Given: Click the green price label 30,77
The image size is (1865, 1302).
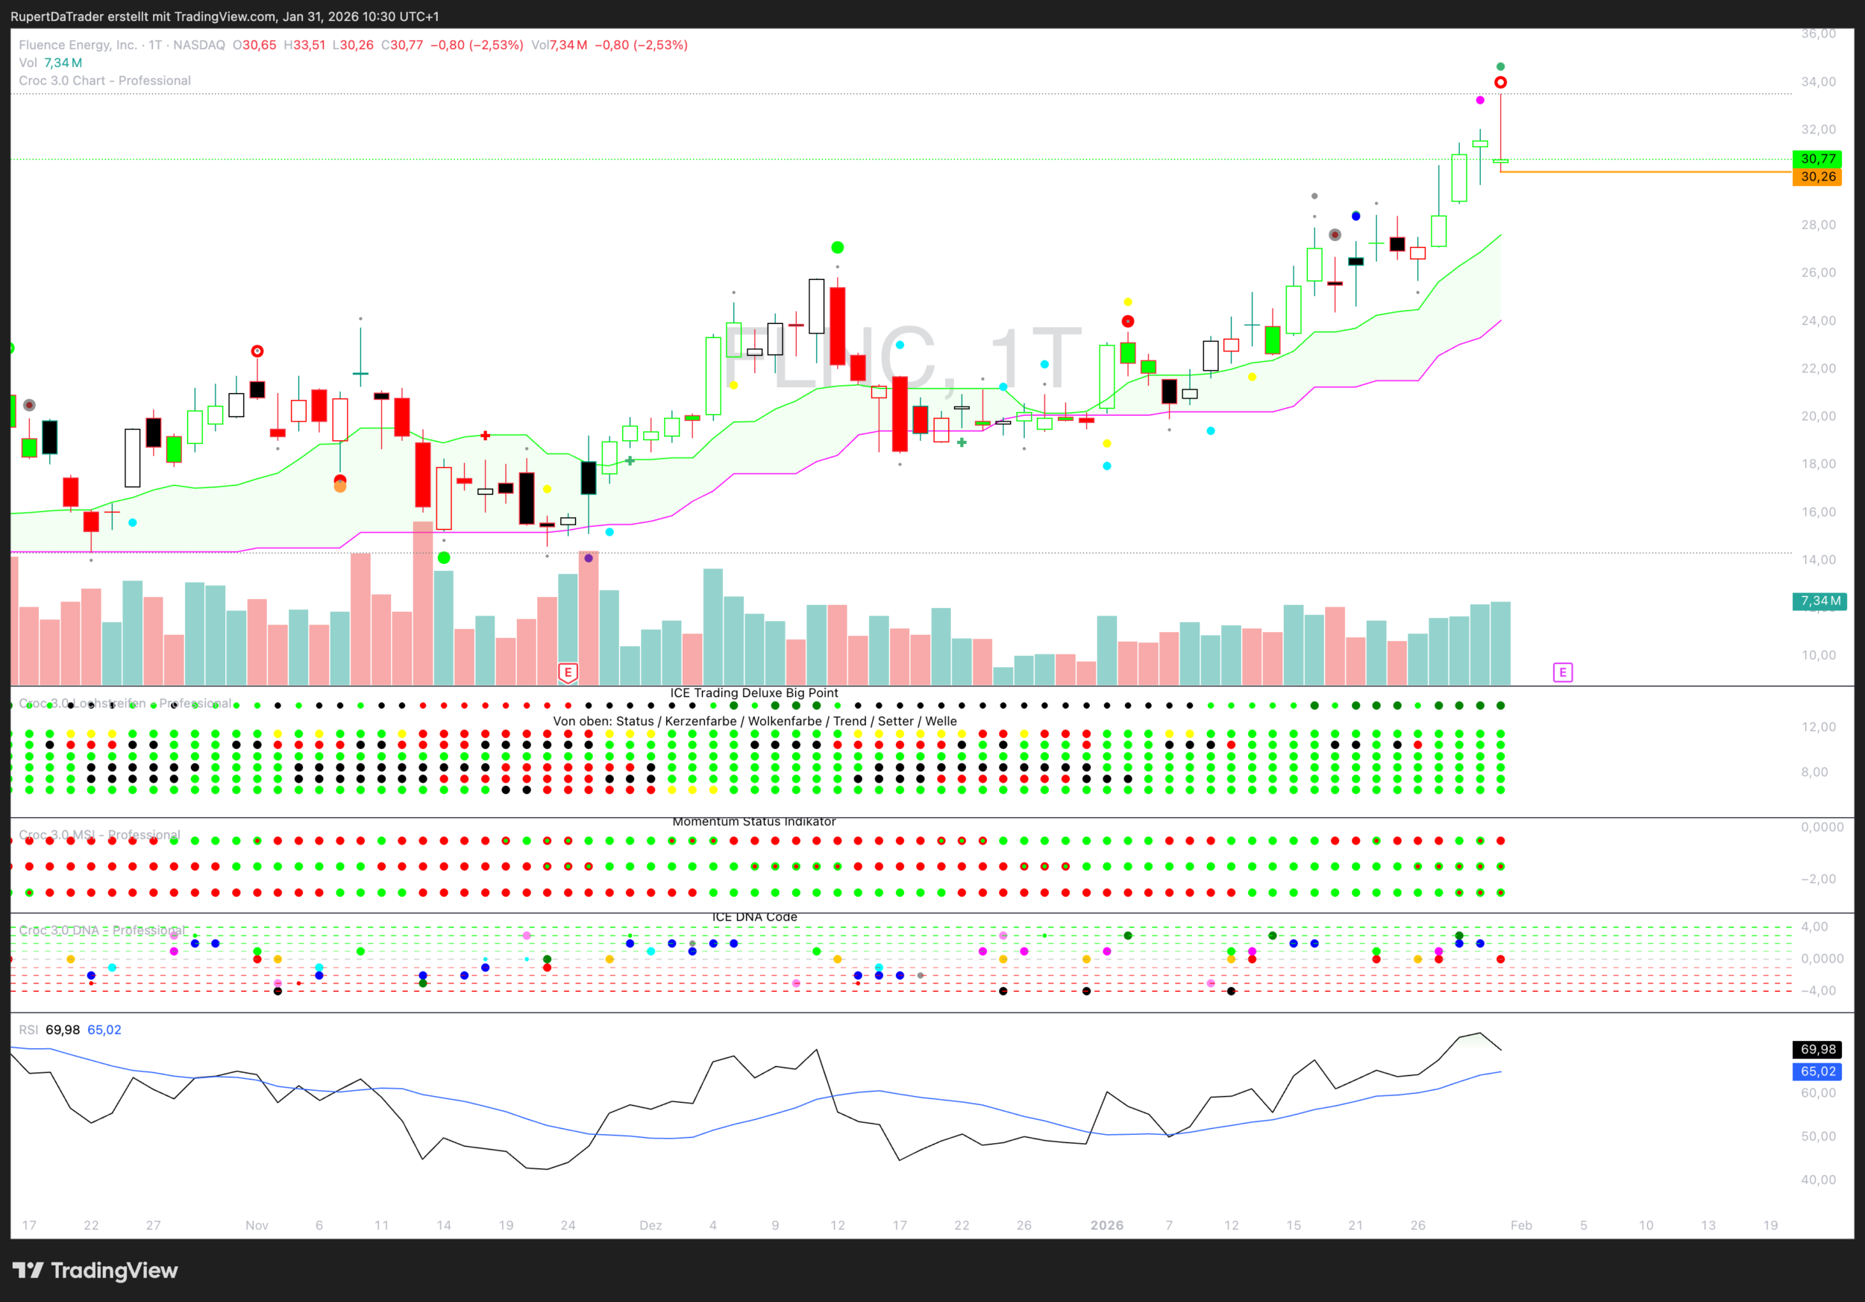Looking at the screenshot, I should click(1817, 159).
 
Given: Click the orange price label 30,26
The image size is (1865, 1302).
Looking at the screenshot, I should click(1817, 177).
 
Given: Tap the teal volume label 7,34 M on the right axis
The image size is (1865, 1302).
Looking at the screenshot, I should click(1819, 601).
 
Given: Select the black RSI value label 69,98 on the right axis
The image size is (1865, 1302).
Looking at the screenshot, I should click(1817, 1049).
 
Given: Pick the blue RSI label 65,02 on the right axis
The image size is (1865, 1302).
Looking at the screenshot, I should click(1817, 1071).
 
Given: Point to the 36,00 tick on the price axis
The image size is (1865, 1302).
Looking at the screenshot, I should click(1818, 34).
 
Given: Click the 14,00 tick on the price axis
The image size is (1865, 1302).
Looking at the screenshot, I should click(1818, 560).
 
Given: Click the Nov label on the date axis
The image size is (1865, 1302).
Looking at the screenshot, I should click(257, 1225).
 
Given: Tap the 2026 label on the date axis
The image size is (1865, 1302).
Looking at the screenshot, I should click(1106, 1225).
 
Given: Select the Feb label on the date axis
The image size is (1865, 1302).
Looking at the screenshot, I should click(1520, 1225).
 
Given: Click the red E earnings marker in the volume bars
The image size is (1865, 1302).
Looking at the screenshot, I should click(568, 672).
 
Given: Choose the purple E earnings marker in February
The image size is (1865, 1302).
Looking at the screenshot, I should click(1562, 672).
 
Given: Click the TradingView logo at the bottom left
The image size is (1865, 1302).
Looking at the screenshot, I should click(95, 1271).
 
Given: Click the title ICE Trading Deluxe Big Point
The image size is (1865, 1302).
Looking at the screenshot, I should click(753, 693).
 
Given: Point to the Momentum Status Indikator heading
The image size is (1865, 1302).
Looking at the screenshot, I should click(753, 821).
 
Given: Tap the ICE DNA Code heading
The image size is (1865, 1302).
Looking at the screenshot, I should click(753, 917).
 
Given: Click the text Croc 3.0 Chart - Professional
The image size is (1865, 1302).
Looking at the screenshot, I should click(104, 81).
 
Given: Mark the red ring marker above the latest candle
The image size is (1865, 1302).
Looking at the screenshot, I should click(1500, 83).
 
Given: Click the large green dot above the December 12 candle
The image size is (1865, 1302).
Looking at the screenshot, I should click(838, 248).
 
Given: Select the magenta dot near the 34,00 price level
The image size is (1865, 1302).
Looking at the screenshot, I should click(1480, 100).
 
